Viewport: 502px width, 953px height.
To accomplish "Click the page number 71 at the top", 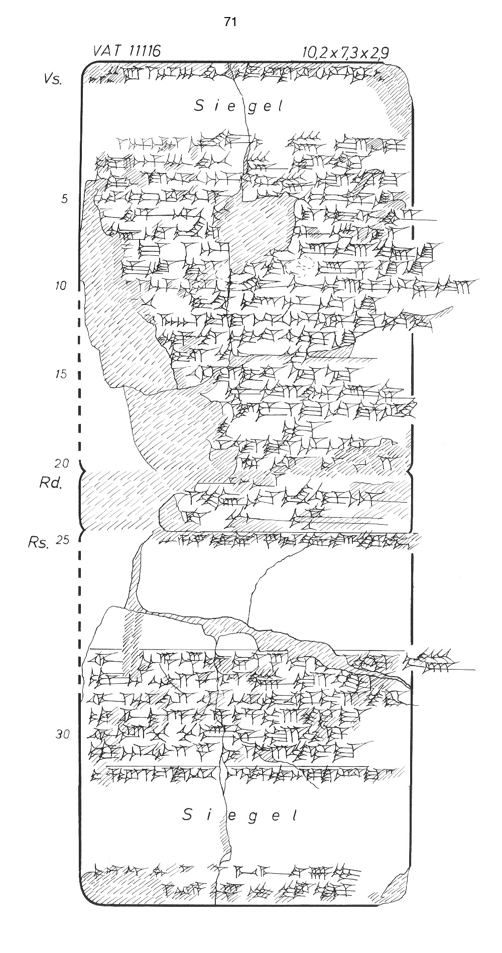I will tap(230, 22).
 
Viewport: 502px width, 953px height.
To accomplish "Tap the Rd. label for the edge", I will tap(50, 483).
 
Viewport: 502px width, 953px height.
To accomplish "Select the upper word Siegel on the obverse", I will tap(239, 106).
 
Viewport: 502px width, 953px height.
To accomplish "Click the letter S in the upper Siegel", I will tap(199, 106).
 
